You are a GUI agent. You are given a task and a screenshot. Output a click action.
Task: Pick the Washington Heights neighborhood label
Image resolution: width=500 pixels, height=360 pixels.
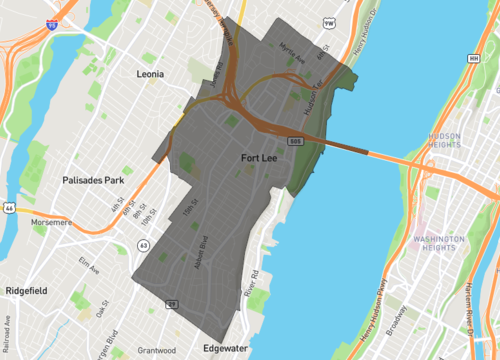tap(439, 245)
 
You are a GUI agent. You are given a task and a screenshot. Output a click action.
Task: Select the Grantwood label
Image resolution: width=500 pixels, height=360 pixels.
tap(157, 350)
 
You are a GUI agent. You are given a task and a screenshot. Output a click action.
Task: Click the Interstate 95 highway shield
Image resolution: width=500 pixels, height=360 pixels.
tap(49, 24)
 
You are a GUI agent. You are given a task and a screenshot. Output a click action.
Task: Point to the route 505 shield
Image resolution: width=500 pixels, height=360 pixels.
tap(295, 141)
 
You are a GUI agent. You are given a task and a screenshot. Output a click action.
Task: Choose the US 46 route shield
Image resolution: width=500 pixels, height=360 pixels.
tap(9, 208)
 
